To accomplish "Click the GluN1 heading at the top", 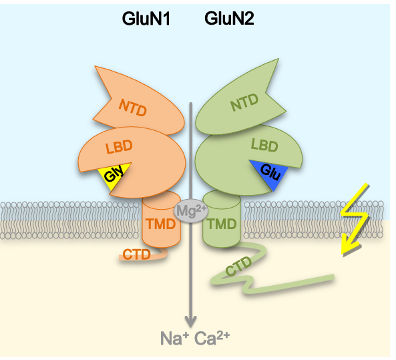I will coord(146,19).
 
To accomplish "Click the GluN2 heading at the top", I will coord(229,19).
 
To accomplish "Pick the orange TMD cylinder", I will coord(160,223).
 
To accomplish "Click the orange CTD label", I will coord(136,254).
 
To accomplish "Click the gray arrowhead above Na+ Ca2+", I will coord(192,319).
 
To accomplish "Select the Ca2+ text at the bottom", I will coord(212,339).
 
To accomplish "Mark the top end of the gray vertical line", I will coord(192,104).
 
